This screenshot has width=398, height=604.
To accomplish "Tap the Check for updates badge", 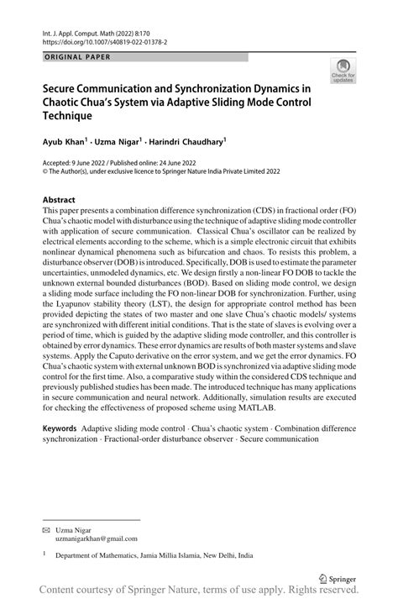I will pos(343,72).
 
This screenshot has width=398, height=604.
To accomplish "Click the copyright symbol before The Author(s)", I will pos(45,170).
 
